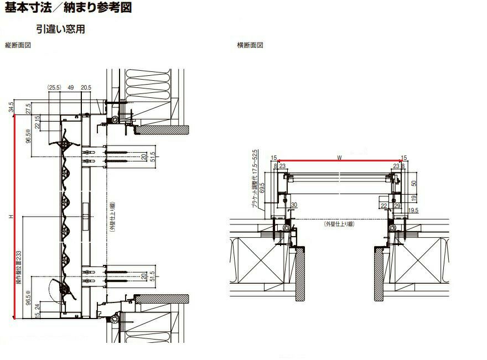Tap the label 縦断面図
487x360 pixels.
(x=17, y=45)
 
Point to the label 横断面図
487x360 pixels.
(x=250, y=45)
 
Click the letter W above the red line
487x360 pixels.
(x=339, y=158)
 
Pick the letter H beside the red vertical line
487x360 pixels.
(x=11, y=217)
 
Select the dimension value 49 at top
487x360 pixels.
(x=70, y=87)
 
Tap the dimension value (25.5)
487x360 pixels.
(x=54, y=87)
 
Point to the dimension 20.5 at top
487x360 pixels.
(x=86, y=87)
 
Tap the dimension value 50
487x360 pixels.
(x=413, y=184)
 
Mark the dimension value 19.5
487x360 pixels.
(x=413, y=211)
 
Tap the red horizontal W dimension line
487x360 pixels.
(x=339, y=162)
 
